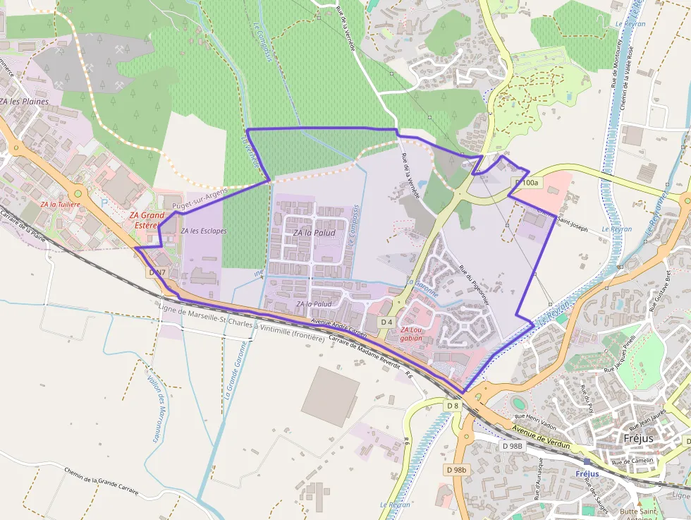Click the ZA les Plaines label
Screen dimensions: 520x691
click(x=25, y=101)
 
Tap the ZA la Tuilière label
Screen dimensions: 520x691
click(x=60, y=204)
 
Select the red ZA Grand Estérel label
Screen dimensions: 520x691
click(x=147, y=220)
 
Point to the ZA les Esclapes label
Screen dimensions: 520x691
click(x=203, y=231)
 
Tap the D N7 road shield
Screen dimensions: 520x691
click(x=158, y=272)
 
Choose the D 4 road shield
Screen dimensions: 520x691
click(x=386, y=322)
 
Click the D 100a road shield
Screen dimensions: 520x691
click(x=526, y=183)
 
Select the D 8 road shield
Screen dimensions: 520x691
click(x=453, y=406)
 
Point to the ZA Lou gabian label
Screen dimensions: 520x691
click(x=411, y=334)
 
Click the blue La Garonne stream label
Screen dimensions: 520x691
click(x=422, y=288)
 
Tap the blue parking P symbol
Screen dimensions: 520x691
click(x=104, y=202)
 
